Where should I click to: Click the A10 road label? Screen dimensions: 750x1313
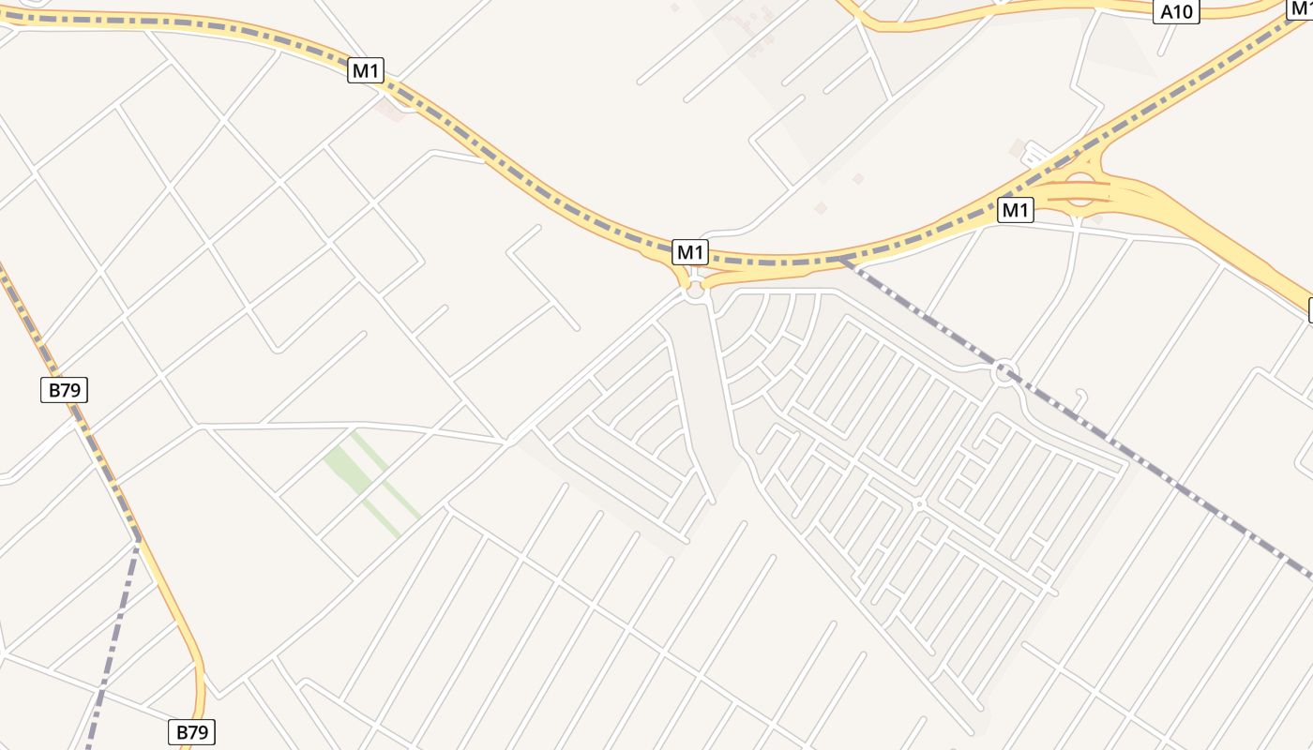coord(1176,12)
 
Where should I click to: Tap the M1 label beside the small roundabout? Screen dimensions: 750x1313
coord(690,251)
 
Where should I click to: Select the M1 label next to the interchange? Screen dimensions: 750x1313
coord(1015,210)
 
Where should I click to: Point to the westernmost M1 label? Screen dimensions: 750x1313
coord(366,70)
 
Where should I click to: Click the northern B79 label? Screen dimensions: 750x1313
coord(64,390)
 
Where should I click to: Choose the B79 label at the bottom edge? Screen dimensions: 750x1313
coord(191,731)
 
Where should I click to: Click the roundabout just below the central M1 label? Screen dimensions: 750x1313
coord(695,292)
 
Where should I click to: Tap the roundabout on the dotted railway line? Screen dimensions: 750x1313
coord(1005,372)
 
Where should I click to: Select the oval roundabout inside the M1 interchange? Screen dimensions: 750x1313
coord(1080,189)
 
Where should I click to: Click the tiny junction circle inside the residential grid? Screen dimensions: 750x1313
coord(919,504)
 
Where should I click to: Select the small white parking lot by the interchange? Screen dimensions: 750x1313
coord(1037,154)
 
